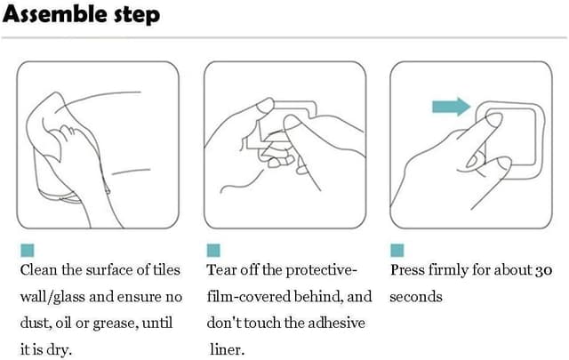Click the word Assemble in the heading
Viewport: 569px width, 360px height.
click(x=55, y=14)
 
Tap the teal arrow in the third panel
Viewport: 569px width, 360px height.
click(x=452, y=107)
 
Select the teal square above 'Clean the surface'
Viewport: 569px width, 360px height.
click(x=28, y=251)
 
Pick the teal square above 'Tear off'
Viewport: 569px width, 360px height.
click(x=213, y=251)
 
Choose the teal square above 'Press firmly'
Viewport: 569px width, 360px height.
click(x=397, y=251)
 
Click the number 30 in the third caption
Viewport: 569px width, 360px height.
click(x=543, y=270)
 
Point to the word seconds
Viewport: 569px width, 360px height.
click(x=416, y=297)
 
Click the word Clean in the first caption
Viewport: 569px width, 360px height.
click(x=39, y=270)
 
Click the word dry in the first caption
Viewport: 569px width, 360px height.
click(x=60, y=350)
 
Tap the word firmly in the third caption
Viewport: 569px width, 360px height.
click(x=448, y=271)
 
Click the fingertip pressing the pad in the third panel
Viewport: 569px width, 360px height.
click(x=494, y=119)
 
